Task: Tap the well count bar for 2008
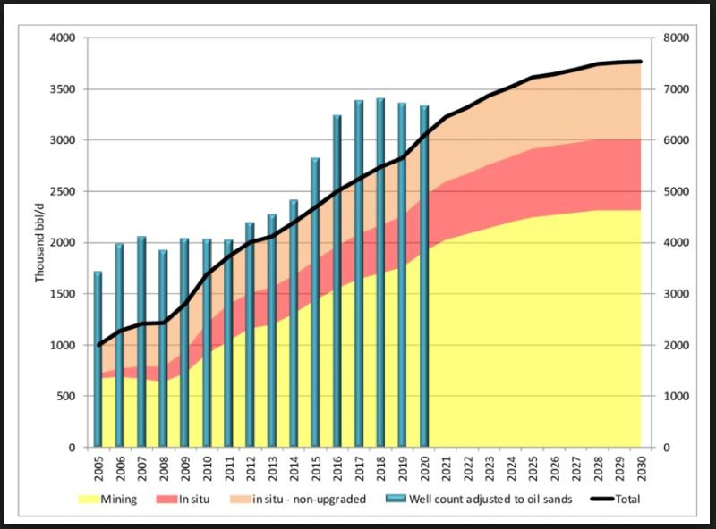click(x=163, y=348)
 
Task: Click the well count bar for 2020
click(x=424, y=276)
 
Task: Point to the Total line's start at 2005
click(x=98, y=345)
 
